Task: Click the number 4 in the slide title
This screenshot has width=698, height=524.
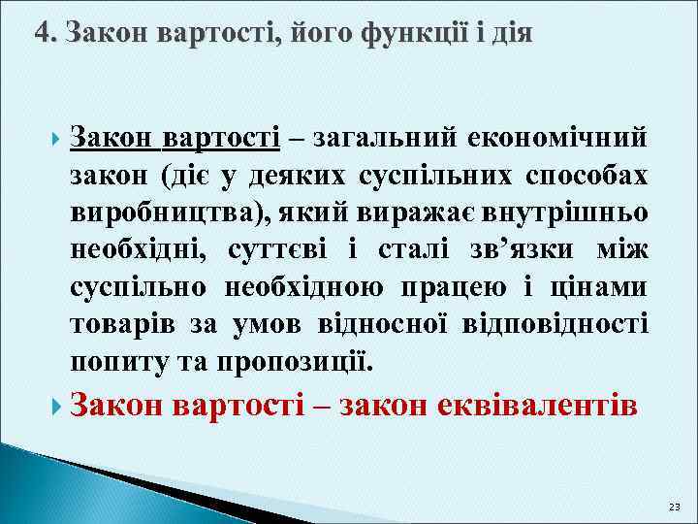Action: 42,35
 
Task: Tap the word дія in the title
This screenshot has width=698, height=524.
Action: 512,35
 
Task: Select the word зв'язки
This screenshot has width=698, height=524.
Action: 516,250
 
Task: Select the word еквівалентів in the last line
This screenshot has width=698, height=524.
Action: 544,404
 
